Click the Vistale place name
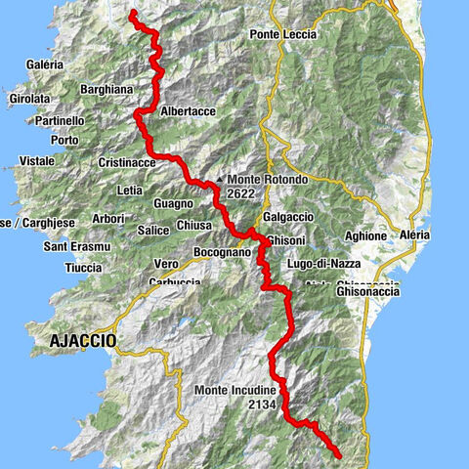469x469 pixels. click(36, 159)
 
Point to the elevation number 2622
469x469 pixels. click(244, 194)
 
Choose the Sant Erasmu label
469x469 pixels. click(72, 247)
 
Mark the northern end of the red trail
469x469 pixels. click(132, 13)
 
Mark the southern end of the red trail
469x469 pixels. click(338, 455)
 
